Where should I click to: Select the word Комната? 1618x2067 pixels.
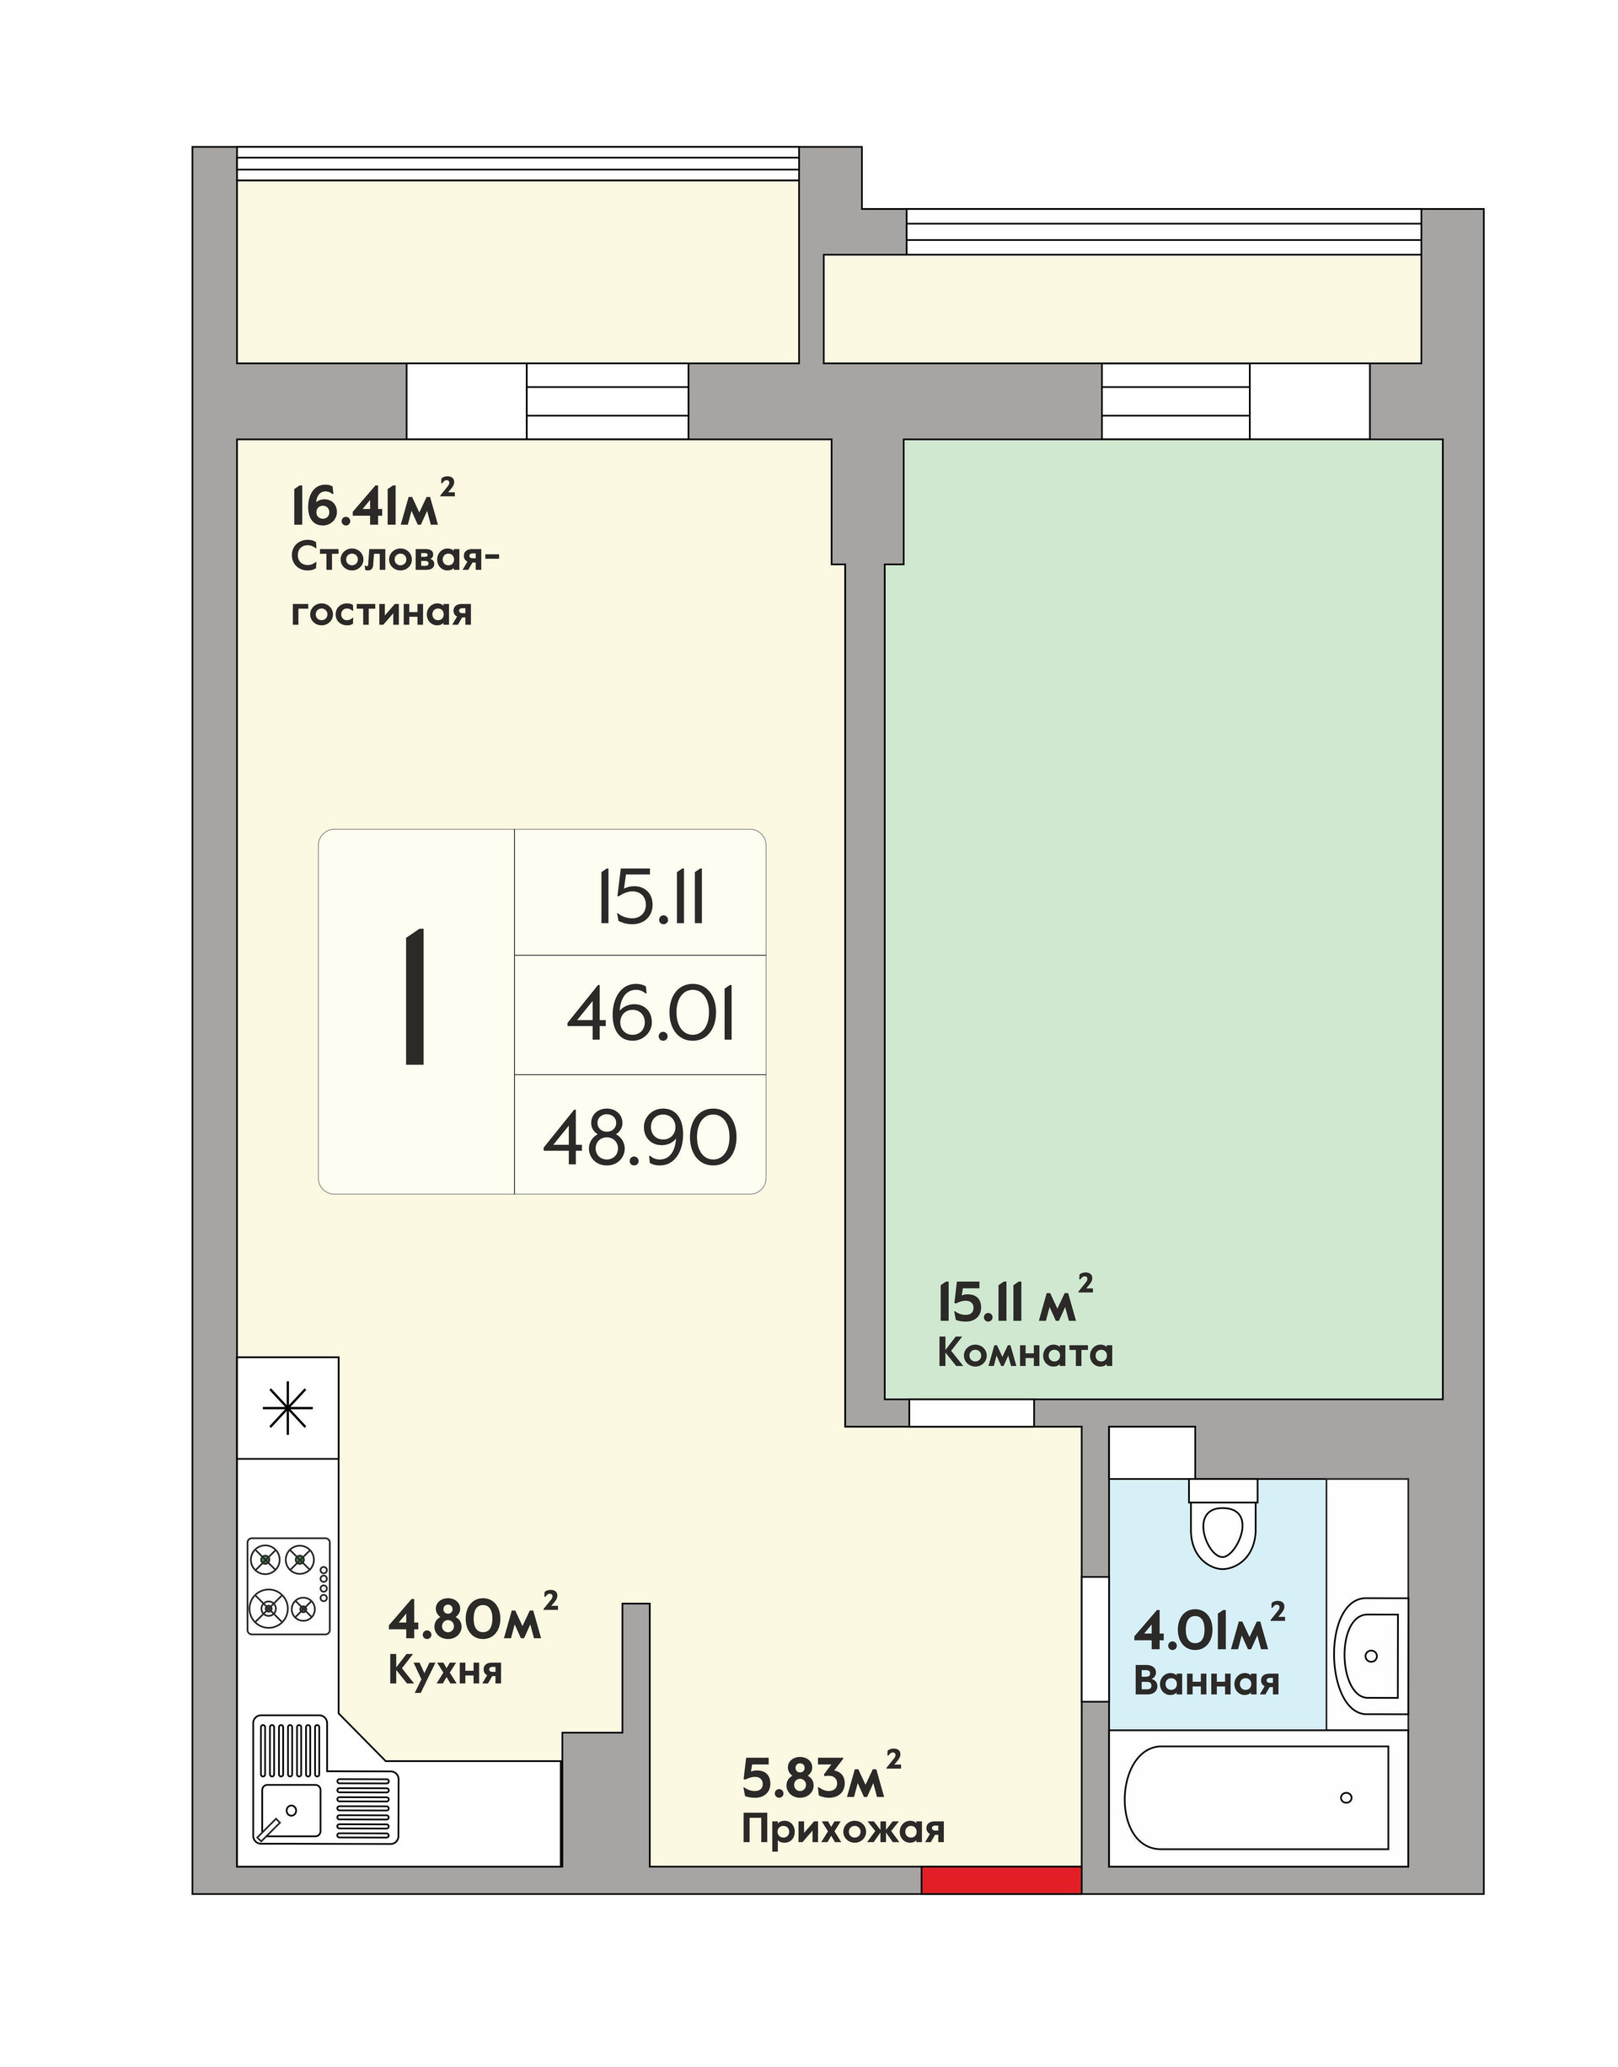point(1025,1352)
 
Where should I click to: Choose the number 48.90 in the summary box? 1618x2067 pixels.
point(640,1138)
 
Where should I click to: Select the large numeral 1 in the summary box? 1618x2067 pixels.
point(415,999)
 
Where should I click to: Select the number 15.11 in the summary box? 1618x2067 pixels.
point(651,898)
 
